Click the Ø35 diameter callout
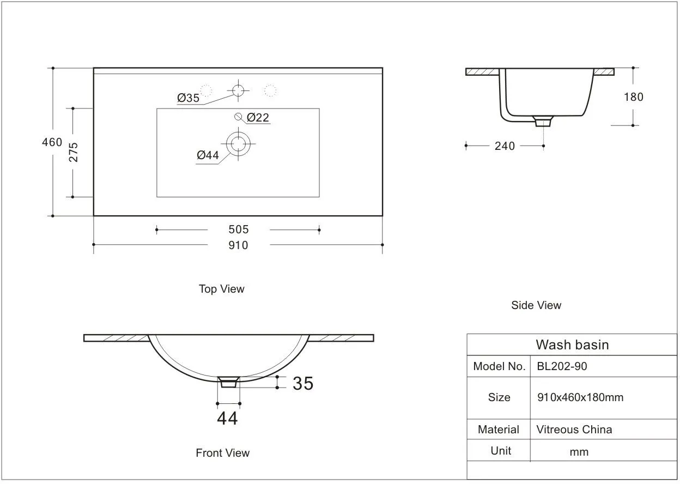tap(189, 98)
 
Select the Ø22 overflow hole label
tap(258, 117)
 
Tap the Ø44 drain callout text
tap(208, 155)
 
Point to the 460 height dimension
tap(52, 142)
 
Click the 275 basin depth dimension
tap(74, 152)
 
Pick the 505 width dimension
tap(238, 229)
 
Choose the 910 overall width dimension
tap(238, 245)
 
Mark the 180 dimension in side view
tap(633, 97)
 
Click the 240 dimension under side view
tap(505, 146)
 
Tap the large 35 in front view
tap(303, 383)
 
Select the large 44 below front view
tap(227, 418)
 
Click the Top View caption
tap(221, 289)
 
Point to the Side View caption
tap(536, 305)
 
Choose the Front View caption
tap(222, 452)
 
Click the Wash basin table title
tap(572, 344)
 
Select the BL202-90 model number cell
tap(562, 366)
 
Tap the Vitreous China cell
tap(574, 429)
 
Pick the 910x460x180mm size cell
tap(580, 397)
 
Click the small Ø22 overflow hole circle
tap(238, 116)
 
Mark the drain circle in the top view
tap(238, 144)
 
